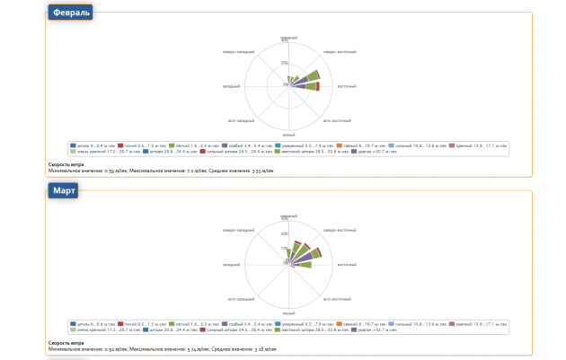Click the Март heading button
(64, 191)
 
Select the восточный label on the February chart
(347, 86)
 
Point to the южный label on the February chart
(287, 133)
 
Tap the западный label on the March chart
(232, 265)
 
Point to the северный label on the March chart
(288, 216)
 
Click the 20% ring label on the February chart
(285, 63)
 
